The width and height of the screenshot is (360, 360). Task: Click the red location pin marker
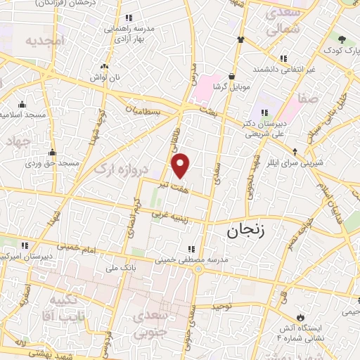[x=181, y=165]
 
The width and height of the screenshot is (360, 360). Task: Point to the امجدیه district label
[x=45, y=41]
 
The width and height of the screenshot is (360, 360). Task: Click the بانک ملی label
[x=120, y=267]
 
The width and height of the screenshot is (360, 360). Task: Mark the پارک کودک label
[x=342, y=51]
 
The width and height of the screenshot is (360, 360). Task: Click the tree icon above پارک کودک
[x=342, y=39]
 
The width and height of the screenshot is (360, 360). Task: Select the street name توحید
[x=222, y=307]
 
